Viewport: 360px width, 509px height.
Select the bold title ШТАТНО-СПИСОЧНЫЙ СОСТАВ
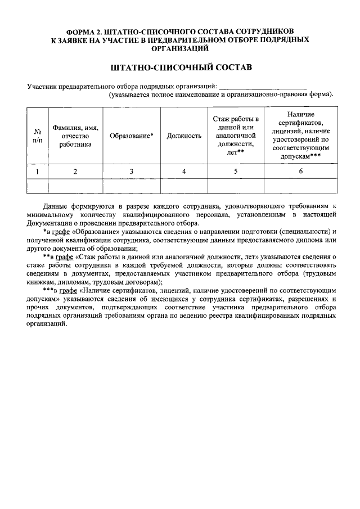click(179, 68)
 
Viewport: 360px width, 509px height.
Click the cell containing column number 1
click(37, 172)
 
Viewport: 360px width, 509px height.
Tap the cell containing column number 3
click(131, 172)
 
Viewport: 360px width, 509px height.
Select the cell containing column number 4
click(184, 172)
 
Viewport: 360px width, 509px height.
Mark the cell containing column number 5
click(236, 172)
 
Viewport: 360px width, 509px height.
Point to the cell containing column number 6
click(300, 172)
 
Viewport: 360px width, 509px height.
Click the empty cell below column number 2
click(75, 186)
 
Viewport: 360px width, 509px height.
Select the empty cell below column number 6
click(300, 186)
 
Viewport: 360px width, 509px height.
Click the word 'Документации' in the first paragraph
click(51, 223)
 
